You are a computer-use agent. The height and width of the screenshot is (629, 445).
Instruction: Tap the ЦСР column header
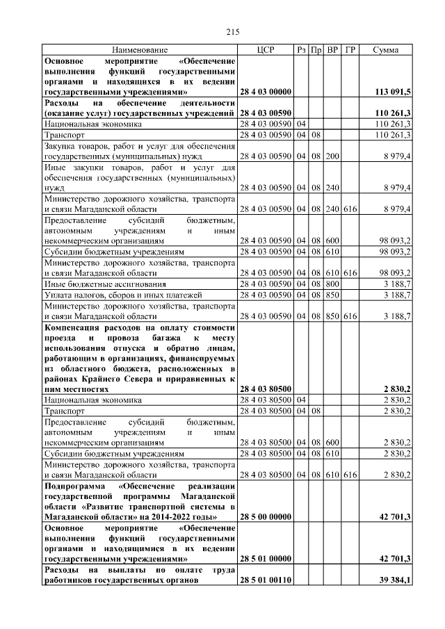pyautogui.click(x=265, y=51)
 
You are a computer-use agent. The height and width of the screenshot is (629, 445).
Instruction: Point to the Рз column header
pyautogui.click(x=301, y=51)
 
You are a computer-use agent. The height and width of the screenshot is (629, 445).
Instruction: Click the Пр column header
pyautogui.click(x=316, y=51)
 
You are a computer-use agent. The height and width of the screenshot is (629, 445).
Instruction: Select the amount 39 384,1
pyautogui.click(x=394, y=580)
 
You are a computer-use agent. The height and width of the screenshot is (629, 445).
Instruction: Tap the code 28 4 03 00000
pyautogui.click(x=265, y=92)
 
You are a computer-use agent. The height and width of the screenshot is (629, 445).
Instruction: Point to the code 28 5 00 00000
pyautogui.click(x=265, y=516)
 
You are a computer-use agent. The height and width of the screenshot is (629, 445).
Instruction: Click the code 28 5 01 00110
pyautogui.click(x=265, y=580)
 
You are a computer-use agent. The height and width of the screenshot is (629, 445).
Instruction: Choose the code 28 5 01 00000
pyautogui.click(x=265, y=559)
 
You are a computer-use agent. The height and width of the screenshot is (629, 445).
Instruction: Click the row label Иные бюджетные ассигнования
pyautogui.click(x=105, y=284)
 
